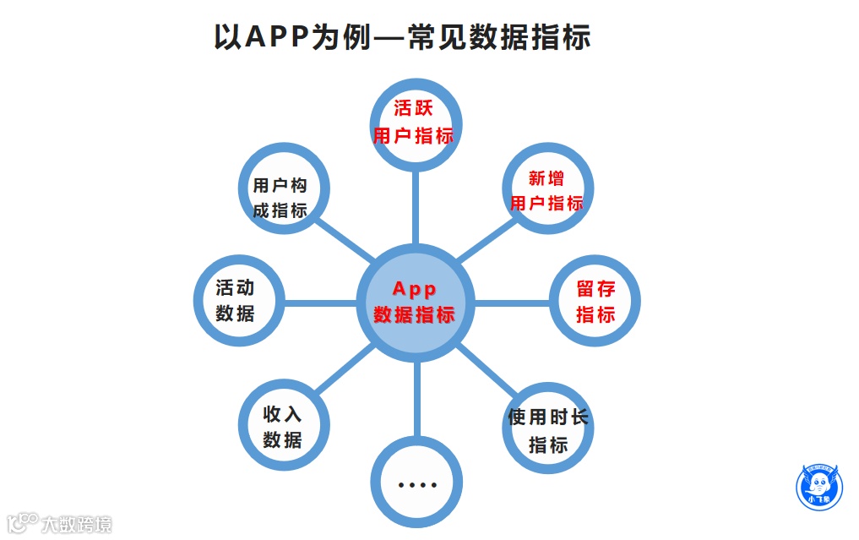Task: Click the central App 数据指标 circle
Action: [x=415, y=302]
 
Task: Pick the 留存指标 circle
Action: [x=595, y=302]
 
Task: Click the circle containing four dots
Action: [x=417, y=484]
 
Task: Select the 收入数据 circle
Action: [x=283, y=427]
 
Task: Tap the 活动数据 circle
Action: [x=236, y=300]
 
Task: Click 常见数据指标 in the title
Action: [x=498, y=38]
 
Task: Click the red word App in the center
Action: [x=414, y=289]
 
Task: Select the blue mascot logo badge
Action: [x=820, y=488]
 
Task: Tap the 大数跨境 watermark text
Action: [x=77, y=524]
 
